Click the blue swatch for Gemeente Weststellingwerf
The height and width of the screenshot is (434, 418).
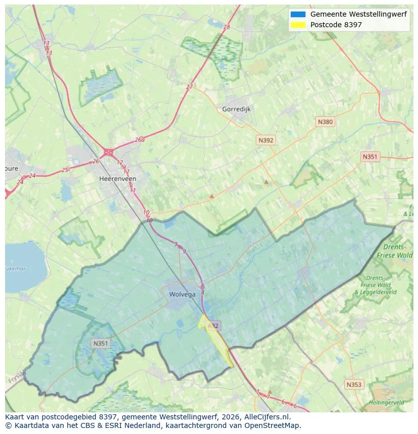coord(298,15)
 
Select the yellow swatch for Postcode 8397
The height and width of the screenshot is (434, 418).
coord(298,25)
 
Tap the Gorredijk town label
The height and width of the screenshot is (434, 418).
coord(236,109)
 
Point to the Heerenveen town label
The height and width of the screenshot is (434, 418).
coord(118,178)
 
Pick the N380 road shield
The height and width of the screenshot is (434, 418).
coord(325,121)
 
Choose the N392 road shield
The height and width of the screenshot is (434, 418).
coord(266,141)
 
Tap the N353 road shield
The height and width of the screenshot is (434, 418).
coord(354,385)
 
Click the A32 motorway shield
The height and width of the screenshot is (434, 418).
coord(213,326)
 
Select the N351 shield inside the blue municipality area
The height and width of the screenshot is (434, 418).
coord(100,343)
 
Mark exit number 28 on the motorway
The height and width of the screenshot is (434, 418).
coord(226,27)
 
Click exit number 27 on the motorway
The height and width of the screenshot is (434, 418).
coord(189,87)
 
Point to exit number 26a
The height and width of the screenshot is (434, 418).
coord(139,140)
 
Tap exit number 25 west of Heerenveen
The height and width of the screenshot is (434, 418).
coord(65,170)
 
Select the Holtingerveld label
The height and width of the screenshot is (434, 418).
coord(386,402)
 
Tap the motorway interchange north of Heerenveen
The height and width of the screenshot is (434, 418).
coord(108,152)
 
